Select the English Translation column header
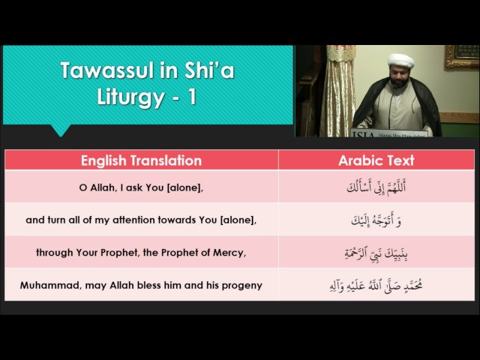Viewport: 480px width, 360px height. pyautogui.click(x=141, y=160)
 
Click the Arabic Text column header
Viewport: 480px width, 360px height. pyautogui.click(x=376, y=160)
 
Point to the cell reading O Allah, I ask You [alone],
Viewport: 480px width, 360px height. pyautogui.click(x=141, y=187)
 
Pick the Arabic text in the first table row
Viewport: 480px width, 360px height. pyautogui.click(x=376, y=187)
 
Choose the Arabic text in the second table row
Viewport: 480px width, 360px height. pyautogui.click(x=376, y=220)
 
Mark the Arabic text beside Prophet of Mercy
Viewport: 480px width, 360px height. pyautogui.click(x=376, y=253)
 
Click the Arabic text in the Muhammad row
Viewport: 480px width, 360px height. pyautogui.click(x=376, y=286)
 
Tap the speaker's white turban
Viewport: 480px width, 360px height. pyautogui.click(x=400, y=61)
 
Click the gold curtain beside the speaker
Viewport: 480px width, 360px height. pyautogui.click(x=337, y=91)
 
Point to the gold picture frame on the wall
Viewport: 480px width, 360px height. pyautogui.click(x=462, y=57)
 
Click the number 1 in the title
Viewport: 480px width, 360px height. pyautogui.click(x=192, y=97)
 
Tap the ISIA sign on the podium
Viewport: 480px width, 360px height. pyautogui.click(x=388, y=133)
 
